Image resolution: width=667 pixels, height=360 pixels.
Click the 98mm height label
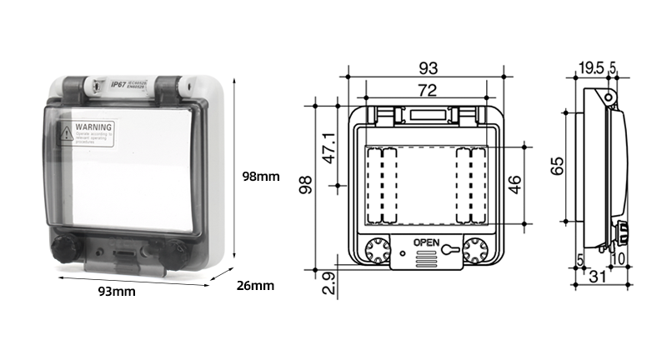point(260,177)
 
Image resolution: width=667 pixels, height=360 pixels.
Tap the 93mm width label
point(117,292)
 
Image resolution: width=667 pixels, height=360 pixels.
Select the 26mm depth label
point(255,286)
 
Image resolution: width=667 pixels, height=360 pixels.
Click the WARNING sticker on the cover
point(87,132)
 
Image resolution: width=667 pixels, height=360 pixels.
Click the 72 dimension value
point(427,90)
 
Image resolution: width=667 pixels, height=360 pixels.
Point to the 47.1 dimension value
point(330,147)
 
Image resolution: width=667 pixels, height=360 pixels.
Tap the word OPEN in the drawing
point(425,243)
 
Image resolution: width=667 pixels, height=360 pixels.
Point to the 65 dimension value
point(557,166)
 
